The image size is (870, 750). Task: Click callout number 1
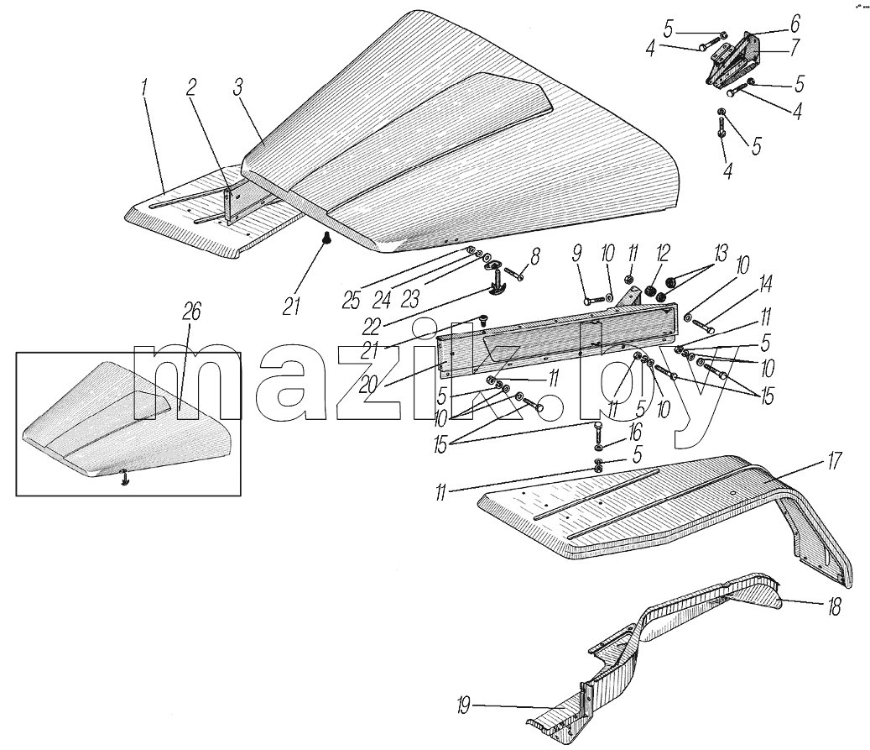pos(144,89)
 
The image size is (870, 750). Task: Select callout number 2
pos(191,87)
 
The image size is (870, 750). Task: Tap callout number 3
pos(238,87)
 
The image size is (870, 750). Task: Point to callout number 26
pos(191,312)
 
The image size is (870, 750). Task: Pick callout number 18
pos(834,606)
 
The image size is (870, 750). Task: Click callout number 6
pos(795,24)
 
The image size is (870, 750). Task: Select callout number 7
pos(794,47)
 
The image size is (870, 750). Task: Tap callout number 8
pos(534,257)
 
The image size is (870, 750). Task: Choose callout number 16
pos(635,431)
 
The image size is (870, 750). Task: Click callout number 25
pos(352,300)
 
